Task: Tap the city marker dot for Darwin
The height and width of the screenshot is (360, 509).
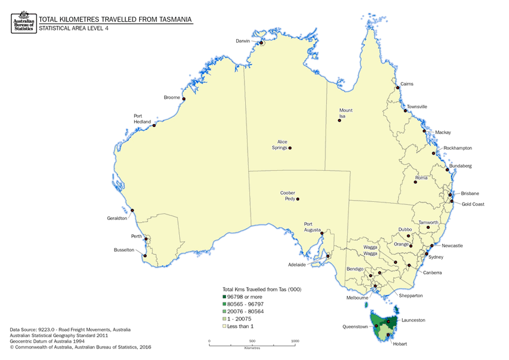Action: click(x=261, y=43)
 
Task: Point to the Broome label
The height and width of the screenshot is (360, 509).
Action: click(x=171, y=97)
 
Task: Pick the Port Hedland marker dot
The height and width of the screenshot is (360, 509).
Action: click(x=154, y=125)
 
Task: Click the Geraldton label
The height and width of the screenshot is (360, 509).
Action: click(x=117, y=219)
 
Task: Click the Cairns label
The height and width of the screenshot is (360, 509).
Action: click(x=406, y=84)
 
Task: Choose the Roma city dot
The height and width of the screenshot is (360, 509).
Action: click(x=415, y=181)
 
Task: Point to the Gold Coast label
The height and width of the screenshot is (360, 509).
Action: click(x=474, y=204)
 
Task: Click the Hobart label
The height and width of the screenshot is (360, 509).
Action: click(x=400, y=344)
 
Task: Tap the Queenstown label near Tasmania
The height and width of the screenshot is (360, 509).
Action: click(x=355, y=327)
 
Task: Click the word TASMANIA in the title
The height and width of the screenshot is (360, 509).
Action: click(x=170, y=19)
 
